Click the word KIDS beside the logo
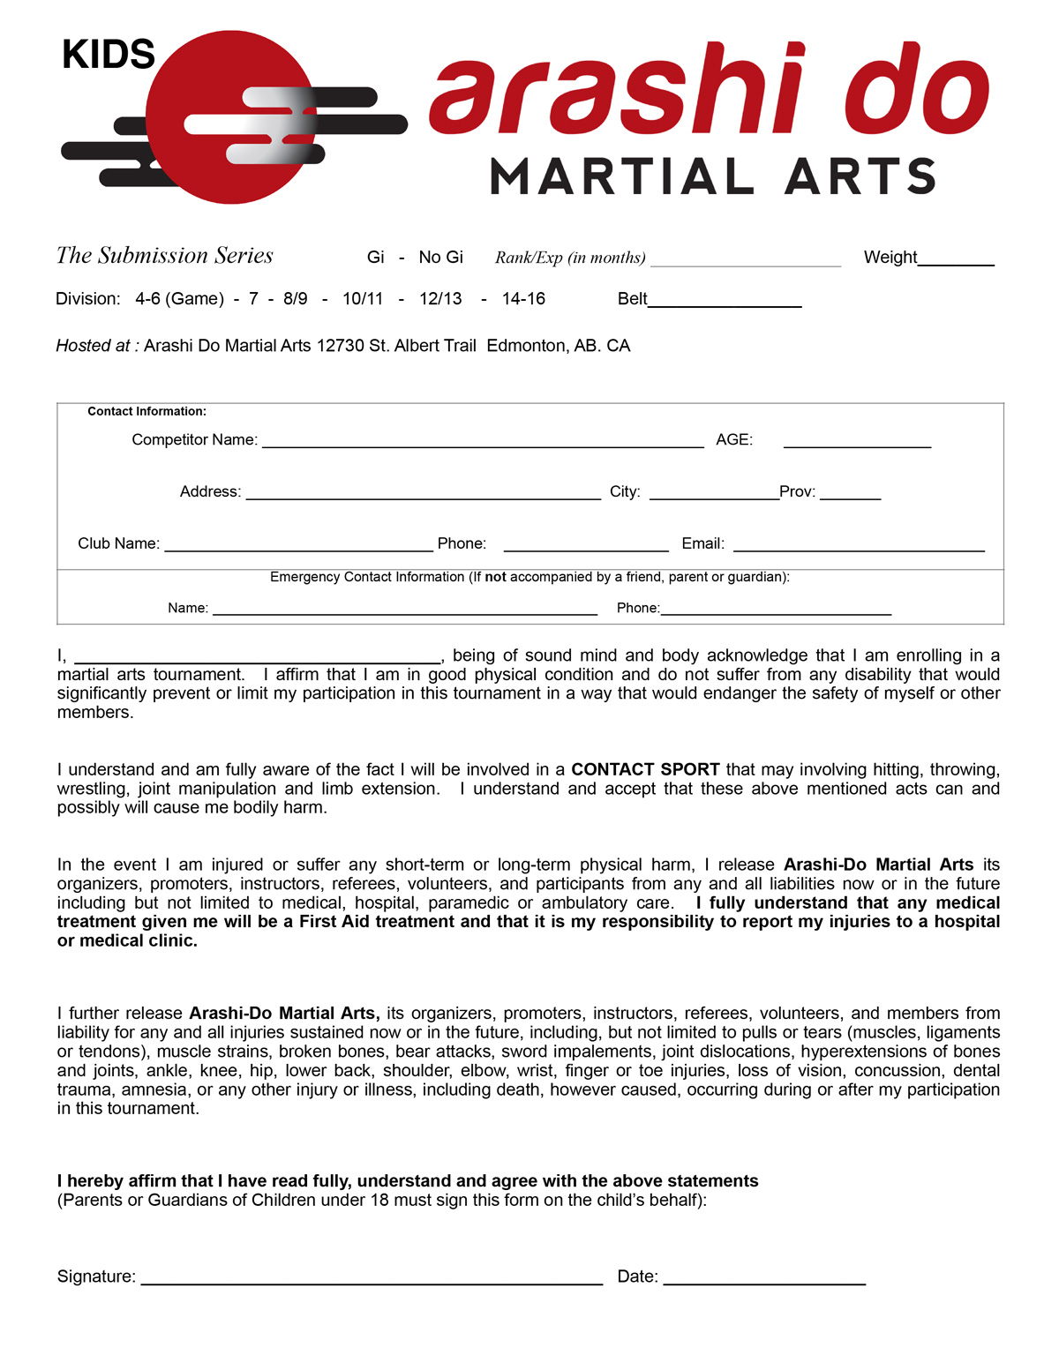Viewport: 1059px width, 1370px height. click(x=109, y=55)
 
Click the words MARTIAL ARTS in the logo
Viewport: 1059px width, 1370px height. click(x=712, y=176)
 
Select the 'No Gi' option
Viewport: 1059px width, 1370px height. click(x=440, y=258)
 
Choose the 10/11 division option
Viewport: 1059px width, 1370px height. click(x=363, y=299)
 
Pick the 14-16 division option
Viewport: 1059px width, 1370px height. click(x=523, y=299)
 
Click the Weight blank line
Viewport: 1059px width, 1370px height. click(x=956, y=262)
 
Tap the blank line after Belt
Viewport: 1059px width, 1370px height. click(x=725, y=303)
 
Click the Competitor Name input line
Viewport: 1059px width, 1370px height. click(x=483, y=445)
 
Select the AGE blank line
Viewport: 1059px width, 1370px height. click(x=857, y=445)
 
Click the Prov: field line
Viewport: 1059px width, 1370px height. click(x=850, y=497)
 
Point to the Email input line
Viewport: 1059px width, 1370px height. click(x=859, y=548)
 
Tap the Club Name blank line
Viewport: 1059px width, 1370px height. click(x=298, y=548)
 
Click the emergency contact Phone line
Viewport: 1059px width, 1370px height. click(x=776, y=611)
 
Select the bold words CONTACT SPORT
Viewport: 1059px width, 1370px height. click(x=645, y=769)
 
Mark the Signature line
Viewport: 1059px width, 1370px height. click(x=372, y=1282)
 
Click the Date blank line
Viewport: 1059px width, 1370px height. click(x=764, y=1282)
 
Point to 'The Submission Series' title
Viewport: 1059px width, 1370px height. click(x=165, y=256)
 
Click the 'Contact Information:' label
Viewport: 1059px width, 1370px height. click(x=146, y=411)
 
